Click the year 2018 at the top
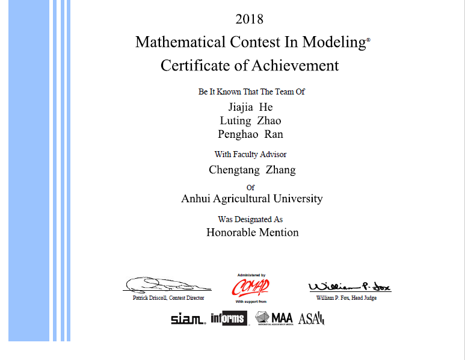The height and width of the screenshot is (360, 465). tap(249, 19)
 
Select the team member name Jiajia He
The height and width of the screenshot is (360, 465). tap(250, 107)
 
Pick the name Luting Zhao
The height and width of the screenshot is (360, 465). tap(250, 120)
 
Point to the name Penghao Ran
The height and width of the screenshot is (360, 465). tap(250, 134)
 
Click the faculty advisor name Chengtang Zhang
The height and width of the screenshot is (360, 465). tap(252, 170)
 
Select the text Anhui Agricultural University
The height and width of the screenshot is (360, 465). tap(252, 199)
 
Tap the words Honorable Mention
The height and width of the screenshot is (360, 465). tap(253, 232)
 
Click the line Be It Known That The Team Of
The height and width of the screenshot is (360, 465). tap(252, 92)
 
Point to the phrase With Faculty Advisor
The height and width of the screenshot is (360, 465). tap(250, 155)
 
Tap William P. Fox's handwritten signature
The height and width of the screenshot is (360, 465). tap(349, 287)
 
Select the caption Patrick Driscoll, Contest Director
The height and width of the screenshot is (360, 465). tap(168, 298)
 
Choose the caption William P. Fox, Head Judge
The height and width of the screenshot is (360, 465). tap(346, 298)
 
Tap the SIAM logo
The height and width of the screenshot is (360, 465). tap(188, 319)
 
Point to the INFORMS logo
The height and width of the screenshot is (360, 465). tap(229, 318)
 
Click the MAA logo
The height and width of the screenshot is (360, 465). tap(274, 318)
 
